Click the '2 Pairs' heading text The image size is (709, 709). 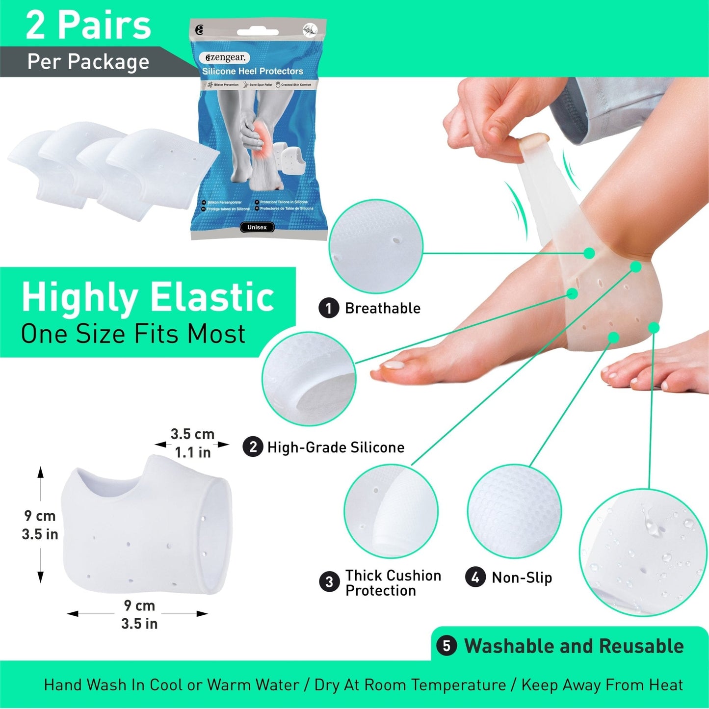[x=88, y=26]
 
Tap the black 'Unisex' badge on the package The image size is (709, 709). [x=257, y=227]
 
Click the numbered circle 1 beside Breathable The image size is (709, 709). [x=329, y=308]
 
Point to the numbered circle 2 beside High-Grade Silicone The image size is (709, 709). [x=253, y=447]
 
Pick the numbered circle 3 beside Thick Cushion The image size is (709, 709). [x=329, y=582]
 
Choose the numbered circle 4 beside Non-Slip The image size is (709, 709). [x=475, y=577]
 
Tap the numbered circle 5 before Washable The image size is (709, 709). [x=446, y=646]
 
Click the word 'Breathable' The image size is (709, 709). [x=383, y=308]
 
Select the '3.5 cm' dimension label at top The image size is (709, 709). [x=192, y=434]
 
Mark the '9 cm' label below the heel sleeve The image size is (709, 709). [x=139, y=605]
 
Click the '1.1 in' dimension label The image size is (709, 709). [x=192, y=452]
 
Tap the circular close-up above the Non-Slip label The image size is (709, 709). [x=514, y=511]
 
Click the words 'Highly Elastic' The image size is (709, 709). [x=148, y=297]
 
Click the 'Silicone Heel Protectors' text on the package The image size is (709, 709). [x=253, y=72]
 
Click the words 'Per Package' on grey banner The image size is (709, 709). [x=88, y=62]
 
